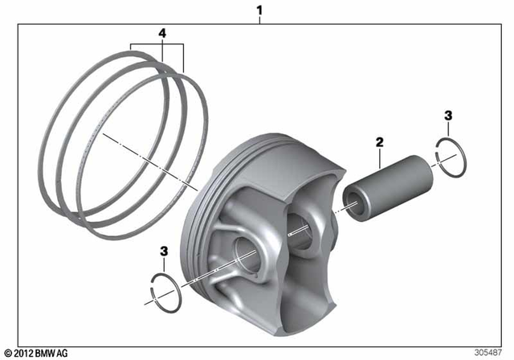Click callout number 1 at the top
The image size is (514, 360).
259,10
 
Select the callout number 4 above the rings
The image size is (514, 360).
162,34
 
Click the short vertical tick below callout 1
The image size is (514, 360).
259,20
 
